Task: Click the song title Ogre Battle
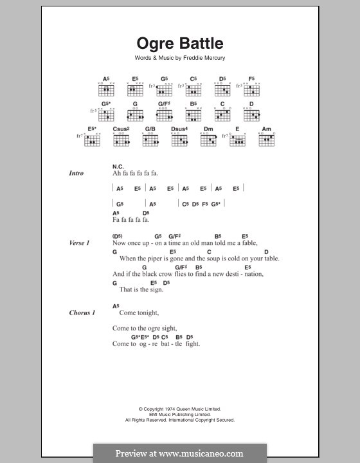[179, 44]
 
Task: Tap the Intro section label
[77, 174]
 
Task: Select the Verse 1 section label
[79, 244]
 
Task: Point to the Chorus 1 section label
[82, 313]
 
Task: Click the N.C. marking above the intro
[118, 165]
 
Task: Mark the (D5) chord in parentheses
[117, 236]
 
